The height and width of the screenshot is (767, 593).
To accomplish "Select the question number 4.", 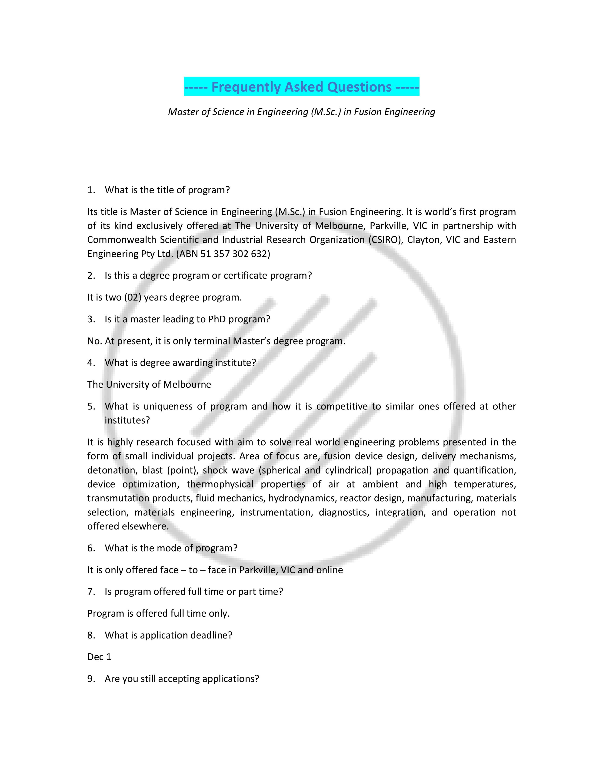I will tap(91, 362).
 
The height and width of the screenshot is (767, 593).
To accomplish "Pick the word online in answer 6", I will tap(330, 570).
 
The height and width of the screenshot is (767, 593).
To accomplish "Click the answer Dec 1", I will tap(99, 657).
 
